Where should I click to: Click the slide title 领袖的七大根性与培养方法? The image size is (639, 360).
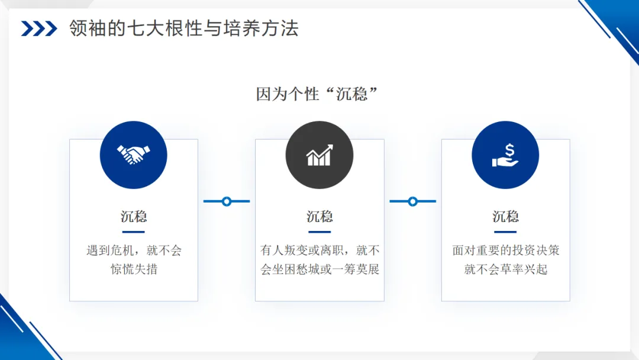pyautogui.click(x=184, y=28)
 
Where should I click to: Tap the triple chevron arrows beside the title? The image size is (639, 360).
pyautogui.click(x=39, y=28)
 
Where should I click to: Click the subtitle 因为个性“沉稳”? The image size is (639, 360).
pyautogui.click(x=317, y=94)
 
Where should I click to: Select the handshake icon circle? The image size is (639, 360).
pyautogui.click(x=134, y=155)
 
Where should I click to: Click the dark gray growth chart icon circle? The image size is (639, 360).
pyautogui.click(x=319, y=155)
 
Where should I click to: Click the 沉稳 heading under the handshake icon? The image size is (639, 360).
pyautogui.click(x=134, y=217)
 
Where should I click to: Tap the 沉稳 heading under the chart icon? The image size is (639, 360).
pyautogui.click(x=319, y=217)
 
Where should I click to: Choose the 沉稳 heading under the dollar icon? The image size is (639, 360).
pyautogui.click(x=505, y=217)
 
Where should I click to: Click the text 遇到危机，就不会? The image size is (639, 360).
pyautogui.click(x=134, y=250)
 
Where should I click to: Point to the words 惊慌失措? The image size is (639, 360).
pyautogui.click(x=134, y=269)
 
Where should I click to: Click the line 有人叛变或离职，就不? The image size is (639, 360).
pyautogui.click(x=319, y=250)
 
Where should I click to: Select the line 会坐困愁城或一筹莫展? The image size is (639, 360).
pyautogui.click(x=319, y=269)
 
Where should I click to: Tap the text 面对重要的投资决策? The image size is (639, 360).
pyautogui.click(x=505, y=250)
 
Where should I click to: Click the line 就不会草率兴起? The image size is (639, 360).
pyautogui.click(x=505, y=269)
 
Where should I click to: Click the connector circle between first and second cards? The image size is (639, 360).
pyautogui.click(x=227, y=201)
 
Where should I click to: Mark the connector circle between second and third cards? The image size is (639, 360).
pyautogui.click(x=412, y=201)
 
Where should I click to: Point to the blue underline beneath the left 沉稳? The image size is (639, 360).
pyautogui.click(x=134, y=232)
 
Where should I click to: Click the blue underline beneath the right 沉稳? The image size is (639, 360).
pyautogui.click(x=505, y=232)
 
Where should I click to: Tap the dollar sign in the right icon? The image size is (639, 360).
pyautogui.click(x=509, y=150)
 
